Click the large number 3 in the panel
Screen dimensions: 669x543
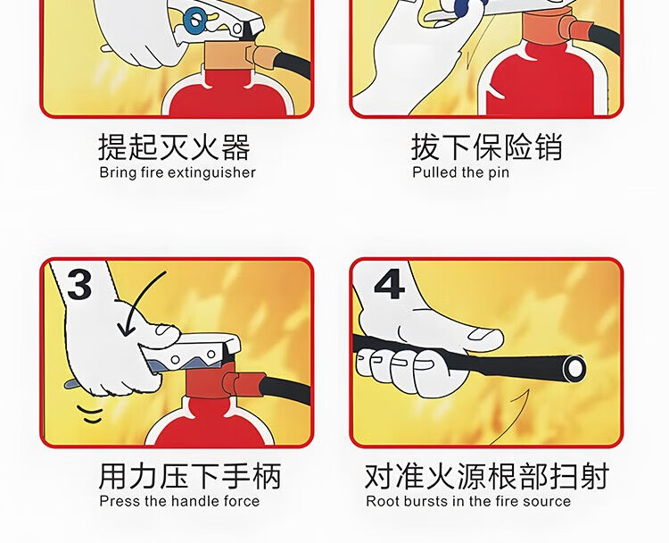coord(79,284)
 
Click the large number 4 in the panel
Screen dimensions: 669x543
coord(389,284)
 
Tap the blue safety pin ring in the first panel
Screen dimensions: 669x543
coord(194,21)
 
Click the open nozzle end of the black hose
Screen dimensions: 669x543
coord(574,367)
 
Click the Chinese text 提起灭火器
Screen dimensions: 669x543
coord(175,147)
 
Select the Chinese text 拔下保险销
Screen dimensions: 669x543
coord(487,146)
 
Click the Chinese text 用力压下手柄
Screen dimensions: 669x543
coord(190,475)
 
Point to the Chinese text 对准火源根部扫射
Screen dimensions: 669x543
coord(487,475)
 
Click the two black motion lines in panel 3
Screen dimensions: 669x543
coord(90,414)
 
